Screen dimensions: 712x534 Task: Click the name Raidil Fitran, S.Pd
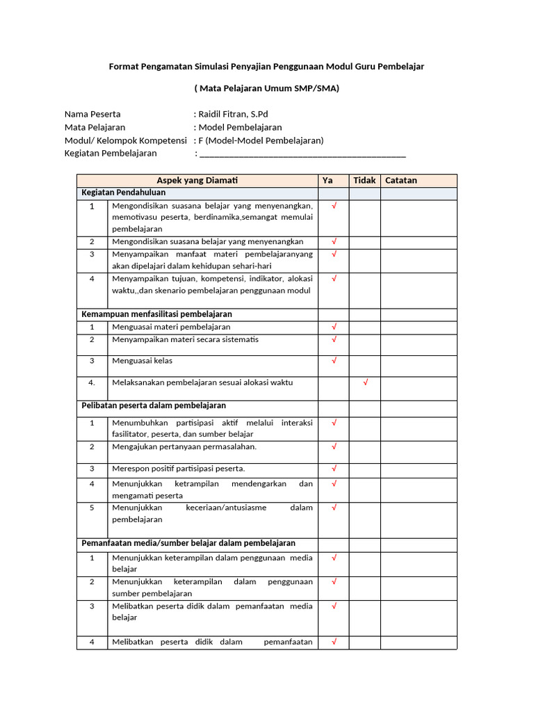(x=233, y=114)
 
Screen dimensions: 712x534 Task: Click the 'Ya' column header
(x=327, y=180)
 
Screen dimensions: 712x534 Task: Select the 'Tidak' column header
(x=364, y=180)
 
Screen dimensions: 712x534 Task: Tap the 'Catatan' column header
(x=401, y=180)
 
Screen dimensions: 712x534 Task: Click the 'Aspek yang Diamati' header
(x=197, y=180)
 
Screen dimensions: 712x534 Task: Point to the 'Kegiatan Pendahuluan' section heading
(x=123, y=193)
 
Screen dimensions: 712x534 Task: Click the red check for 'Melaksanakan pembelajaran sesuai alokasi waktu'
(x=366, y=382)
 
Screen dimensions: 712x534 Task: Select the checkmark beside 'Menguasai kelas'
(x=334, y=360)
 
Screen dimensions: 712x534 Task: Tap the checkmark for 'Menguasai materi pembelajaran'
(x=334, y=326)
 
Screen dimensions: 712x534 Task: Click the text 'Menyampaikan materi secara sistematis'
(x=185, y=339)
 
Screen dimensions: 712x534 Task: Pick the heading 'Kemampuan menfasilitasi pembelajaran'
(x=156, y=314)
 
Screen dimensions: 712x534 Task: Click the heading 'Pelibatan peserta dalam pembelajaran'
(x=154, y=405)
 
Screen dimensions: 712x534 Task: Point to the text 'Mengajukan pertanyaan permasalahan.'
(x=184, y=446)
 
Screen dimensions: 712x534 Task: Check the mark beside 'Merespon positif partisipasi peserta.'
(x=334, y=468)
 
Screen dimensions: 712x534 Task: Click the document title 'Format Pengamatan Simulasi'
(x=266, y=66)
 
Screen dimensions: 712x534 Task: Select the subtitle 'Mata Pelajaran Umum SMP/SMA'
(x=266, y=88)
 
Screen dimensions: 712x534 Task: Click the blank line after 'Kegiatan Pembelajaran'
(x=302, y=154)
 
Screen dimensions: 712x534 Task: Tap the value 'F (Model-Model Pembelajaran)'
(x=261, y=140)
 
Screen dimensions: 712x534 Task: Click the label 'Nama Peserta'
(x=92, y=114)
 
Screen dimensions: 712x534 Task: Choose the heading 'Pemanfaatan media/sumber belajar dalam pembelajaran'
(x=188, y=543)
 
